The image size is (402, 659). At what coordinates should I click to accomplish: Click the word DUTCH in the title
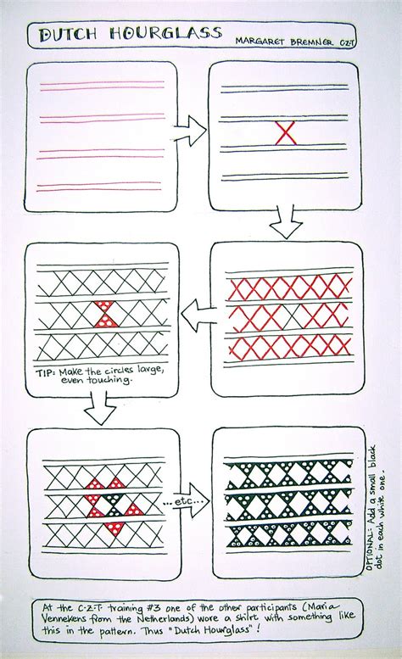(x=66, y=35)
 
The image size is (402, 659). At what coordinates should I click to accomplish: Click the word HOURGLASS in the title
(x=165, y=34)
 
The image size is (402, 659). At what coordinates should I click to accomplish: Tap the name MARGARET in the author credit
(x=260, y=42)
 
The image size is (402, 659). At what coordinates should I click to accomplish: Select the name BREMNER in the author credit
(x=311, y=42)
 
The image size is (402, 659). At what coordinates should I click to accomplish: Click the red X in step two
(x=285, y=133)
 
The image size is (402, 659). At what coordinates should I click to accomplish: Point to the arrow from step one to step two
(x=190, y=131)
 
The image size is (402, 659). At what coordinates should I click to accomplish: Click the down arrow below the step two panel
(x=286, y=222)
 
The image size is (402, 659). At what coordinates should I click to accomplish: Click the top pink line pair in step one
(x=102, y=86)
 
